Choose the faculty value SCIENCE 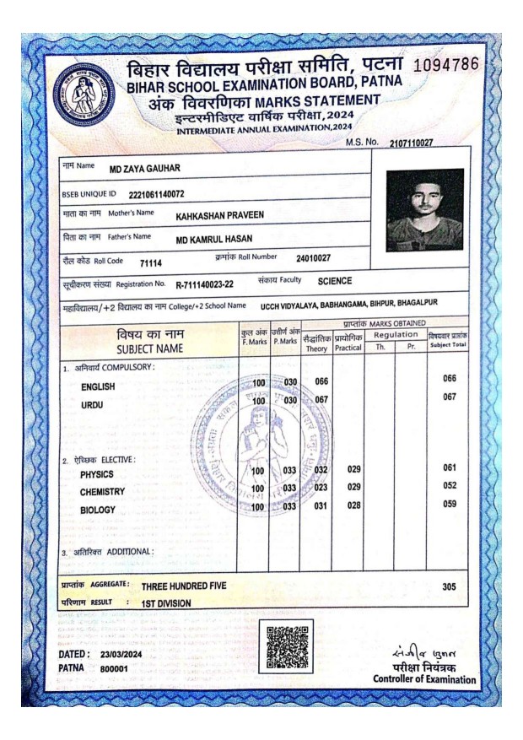point(334,280)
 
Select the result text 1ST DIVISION point(166,602)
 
